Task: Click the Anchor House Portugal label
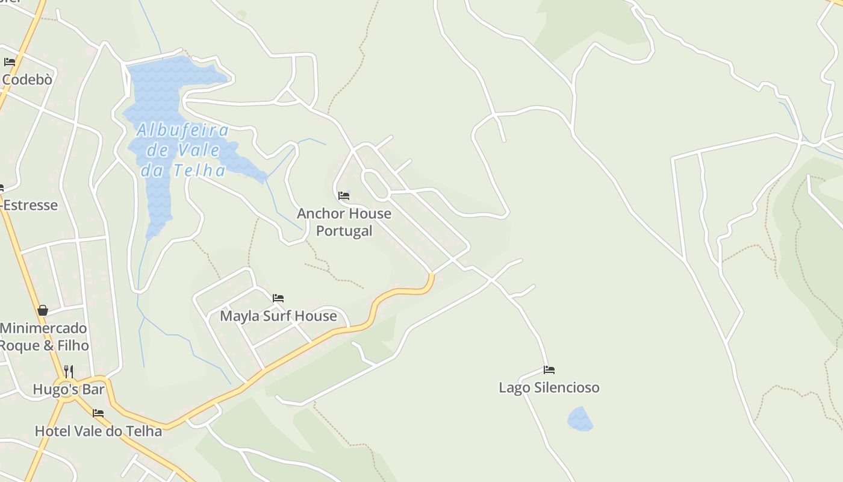tap(344, 222)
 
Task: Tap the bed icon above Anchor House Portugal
tap(344, 196)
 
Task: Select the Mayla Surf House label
tap(278, 316)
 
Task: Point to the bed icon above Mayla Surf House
tap(278, 298)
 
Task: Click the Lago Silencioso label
tap(549, 387)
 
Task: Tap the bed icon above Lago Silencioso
tap(549, 369)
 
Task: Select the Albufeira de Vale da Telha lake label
tap(182, 150)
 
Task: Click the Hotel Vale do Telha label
tap(98, 431)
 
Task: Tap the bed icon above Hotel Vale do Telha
tap(98, 413)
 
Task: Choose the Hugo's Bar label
tap(69, 389)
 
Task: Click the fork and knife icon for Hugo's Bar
tap(69, 371)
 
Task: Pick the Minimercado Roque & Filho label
tap(43, 337)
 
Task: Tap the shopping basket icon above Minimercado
tap(43, 310)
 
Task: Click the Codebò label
tap(27, 79)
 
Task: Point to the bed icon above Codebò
tap(10, 61)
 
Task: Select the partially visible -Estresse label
tap(30, 205)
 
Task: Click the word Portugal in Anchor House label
tap(344, 231)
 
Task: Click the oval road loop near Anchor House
tap(376, 184)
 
